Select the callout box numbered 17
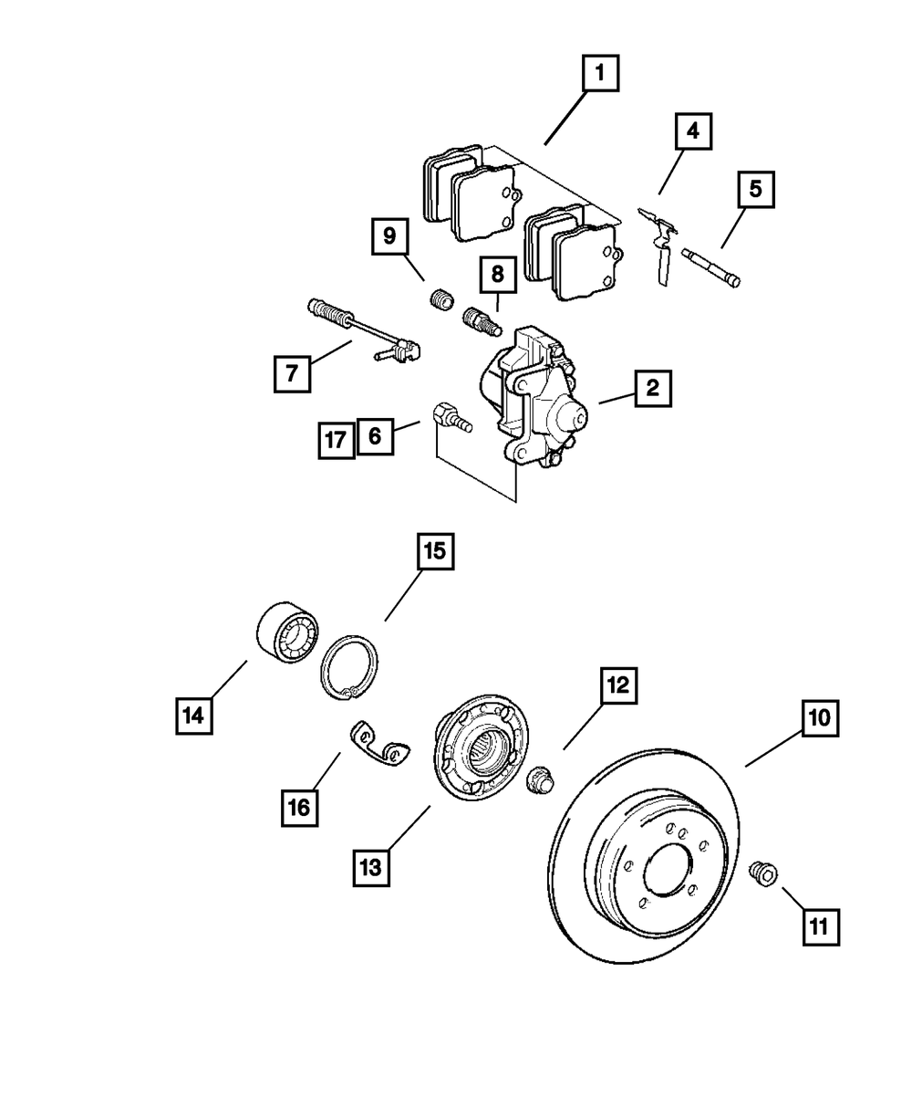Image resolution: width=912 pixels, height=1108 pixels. tap(336, 441)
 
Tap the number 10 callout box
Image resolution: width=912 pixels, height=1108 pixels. tap(819, 718)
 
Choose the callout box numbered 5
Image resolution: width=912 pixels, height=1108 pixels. tap(755, 192)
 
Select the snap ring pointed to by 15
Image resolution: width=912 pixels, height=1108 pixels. tap(347, 672)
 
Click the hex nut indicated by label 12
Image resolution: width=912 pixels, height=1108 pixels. tap(541, 781)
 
